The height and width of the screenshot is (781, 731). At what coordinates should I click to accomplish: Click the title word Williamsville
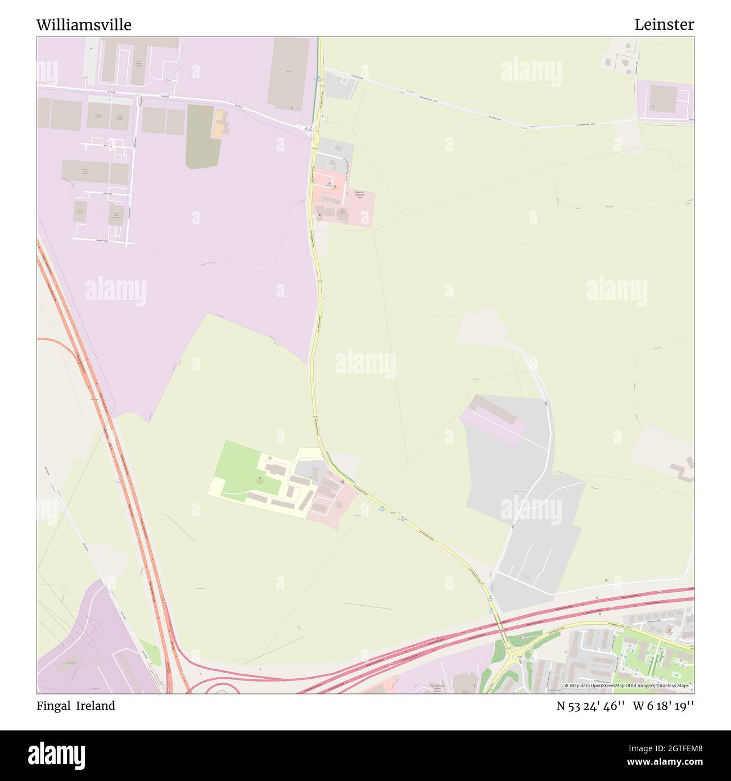click(84, 25)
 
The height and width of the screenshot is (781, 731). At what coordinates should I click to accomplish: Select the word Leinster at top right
click(664, 25)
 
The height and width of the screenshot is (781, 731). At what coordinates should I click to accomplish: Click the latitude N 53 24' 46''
click(590, 706)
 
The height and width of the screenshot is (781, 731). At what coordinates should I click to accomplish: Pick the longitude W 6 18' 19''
click(664, 706)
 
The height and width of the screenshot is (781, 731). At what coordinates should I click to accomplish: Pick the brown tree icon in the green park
click(259, 478)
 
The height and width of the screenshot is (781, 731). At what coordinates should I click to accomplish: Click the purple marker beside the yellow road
click(342, 482)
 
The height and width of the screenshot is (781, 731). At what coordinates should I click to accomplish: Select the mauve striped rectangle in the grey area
click(494, 420)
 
